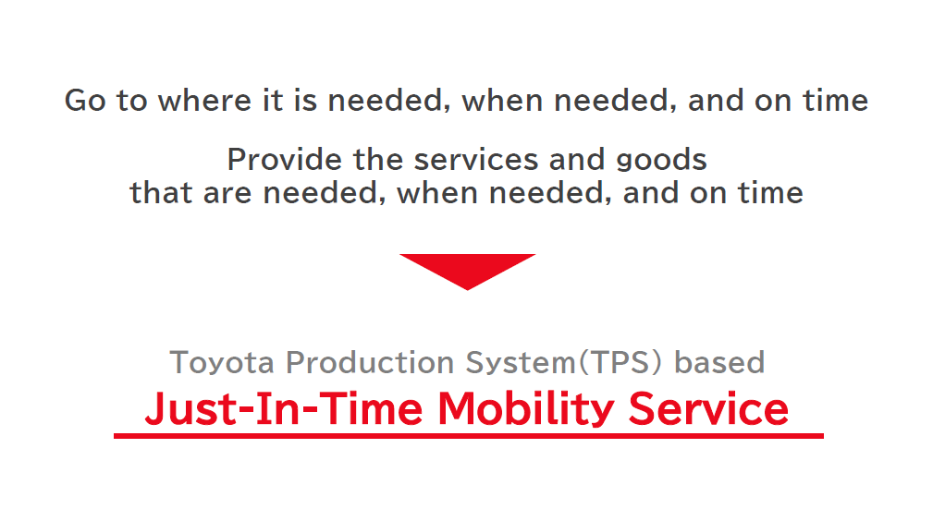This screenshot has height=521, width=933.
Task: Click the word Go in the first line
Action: tap(85, 100)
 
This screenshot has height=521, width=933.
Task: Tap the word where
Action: tap(204, 100)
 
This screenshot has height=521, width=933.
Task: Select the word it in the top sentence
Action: tap(273, 100)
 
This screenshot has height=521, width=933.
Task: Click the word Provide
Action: tap(285, 160)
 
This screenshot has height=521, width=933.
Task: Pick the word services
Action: tap(475, 160)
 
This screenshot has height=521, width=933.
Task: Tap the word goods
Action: tap(661, 161)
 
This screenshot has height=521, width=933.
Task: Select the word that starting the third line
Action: tap(161, 193)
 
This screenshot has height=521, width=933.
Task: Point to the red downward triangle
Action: tap(468, 269)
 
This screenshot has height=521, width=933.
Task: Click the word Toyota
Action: tap(221, 362)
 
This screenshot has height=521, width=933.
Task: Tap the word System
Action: tap(521, 363)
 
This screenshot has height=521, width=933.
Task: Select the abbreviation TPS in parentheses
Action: tap(620, 362)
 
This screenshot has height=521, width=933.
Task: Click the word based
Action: tap(719, 362)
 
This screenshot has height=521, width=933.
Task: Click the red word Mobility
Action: tap(526, 410)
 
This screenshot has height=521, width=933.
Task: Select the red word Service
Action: tap(708, 408)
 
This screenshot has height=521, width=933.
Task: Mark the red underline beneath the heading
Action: tap(468, 436)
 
